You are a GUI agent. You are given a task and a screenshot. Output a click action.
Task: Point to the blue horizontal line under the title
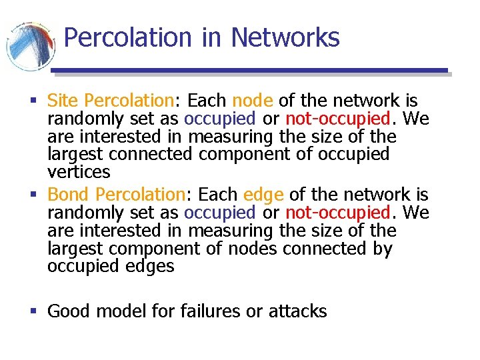(249, 70)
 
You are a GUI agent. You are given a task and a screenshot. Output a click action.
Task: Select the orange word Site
(63, 101)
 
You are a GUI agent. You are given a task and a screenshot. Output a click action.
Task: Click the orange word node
(253, 101)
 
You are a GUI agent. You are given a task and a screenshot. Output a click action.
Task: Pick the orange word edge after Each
(264, 195)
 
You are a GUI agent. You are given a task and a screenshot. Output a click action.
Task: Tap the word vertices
(79, 172)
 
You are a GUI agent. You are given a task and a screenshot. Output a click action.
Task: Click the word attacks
(297, 311)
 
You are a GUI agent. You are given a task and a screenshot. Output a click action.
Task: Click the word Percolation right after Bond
(139, 195)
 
